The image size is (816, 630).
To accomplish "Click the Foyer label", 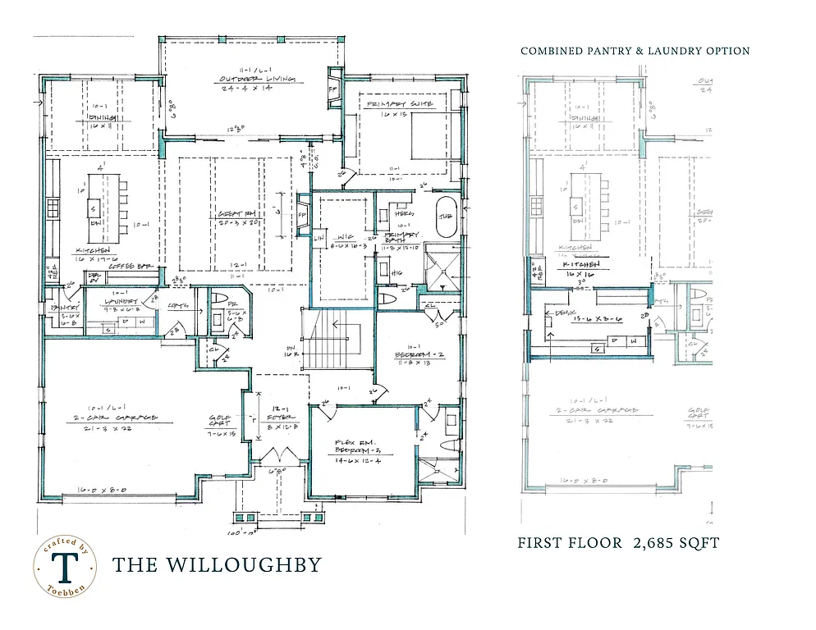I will (x=280, y=419).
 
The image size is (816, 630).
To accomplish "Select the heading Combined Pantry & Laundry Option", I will (x=635, y=51).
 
